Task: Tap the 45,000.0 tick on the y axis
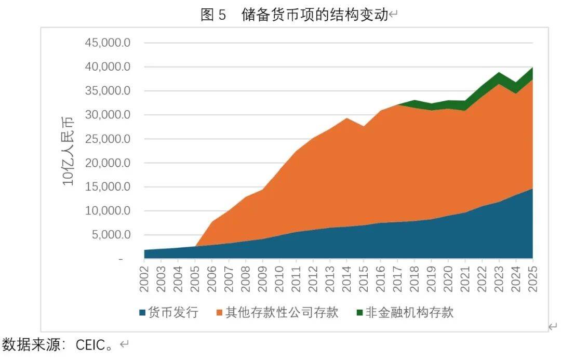(x=108, y=43)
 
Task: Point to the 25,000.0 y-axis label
(x=108, y=139)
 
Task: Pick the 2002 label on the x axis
(x=145, y=278)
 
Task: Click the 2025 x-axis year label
(x=532, y=278)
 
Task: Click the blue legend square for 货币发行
(x=142, y=313)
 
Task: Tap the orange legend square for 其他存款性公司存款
(x=219, y=313)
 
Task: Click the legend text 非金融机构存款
(x=409, y=312)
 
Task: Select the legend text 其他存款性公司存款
(x=282, y=312)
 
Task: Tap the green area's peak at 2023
(x=499, y=73)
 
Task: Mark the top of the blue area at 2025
(x=532, y=189)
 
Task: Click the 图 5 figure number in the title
(x=213, y=15)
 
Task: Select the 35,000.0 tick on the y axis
(x=108, y=91)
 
